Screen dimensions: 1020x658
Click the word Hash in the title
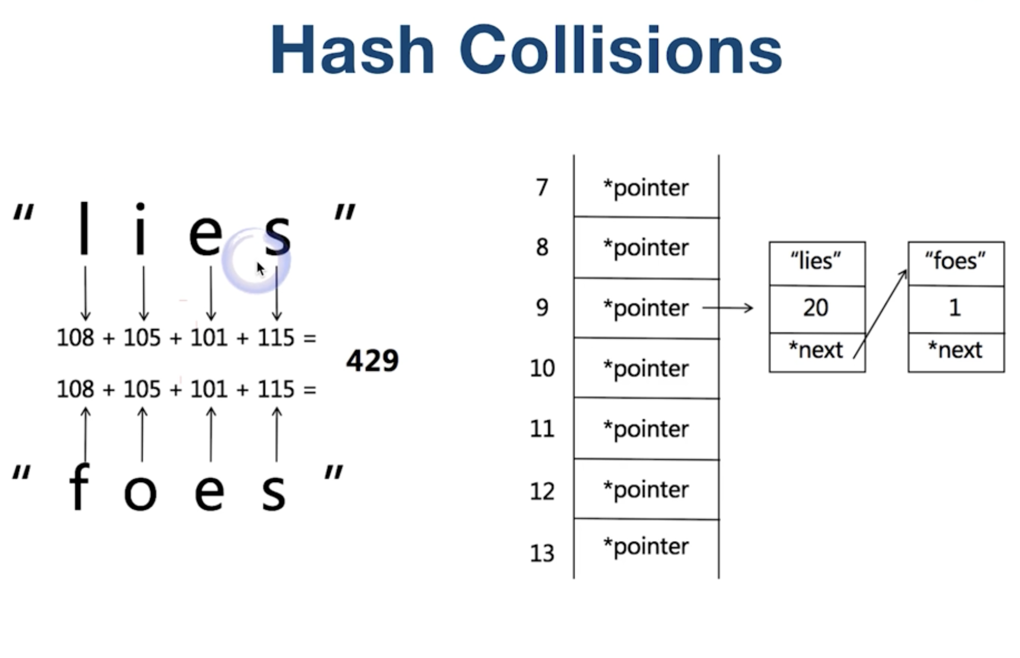pyautogui.click(x=353, y=50)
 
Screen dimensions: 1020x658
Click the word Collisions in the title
pyautogui.click(x=620, y=50)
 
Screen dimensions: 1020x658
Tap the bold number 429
pyautogui.click(x=372, y=361)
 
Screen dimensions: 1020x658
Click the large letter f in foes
pyautogui.click(x=79, y=486)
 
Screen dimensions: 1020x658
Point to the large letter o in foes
pyautogui.click(x=140, y=492)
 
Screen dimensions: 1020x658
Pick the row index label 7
pyautogui.click(x=542, y=187)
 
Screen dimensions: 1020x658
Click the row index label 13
pyautogui.click(x=542, y=553)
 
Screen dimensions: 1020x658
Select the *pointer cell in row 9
pyautogui.click(x=646, y=308)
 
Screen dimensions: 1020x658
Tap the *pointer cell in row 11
pyautogui.click(x=646, y=429)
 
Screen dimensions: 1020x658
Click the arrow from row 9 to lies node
pyautogui.click(x=728, y=308)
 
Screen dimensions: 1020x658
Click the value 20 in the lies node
pyautogui.click(x=816, y=308)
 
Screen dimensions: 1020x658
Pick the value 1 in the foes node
pyautogui.click(x=955, y=308)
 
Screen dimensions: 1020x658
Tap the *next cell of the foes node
pyautogui.click(x=955, y=350)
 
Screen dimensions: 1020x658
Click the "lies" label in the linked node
pyautogui.click(x=816, y=261)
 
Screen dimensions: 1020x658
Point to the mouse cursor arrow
pyautogui.click(x=260, y=269)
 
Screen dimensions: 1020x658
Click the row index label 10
pyautogui.click(x=542, y=368)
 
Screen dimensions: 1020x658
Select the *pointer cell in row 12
pyautogui.click(x=646, y=490)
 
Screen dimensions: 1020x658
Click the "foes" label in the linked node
pyautogui.click(x=955, y=261)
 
